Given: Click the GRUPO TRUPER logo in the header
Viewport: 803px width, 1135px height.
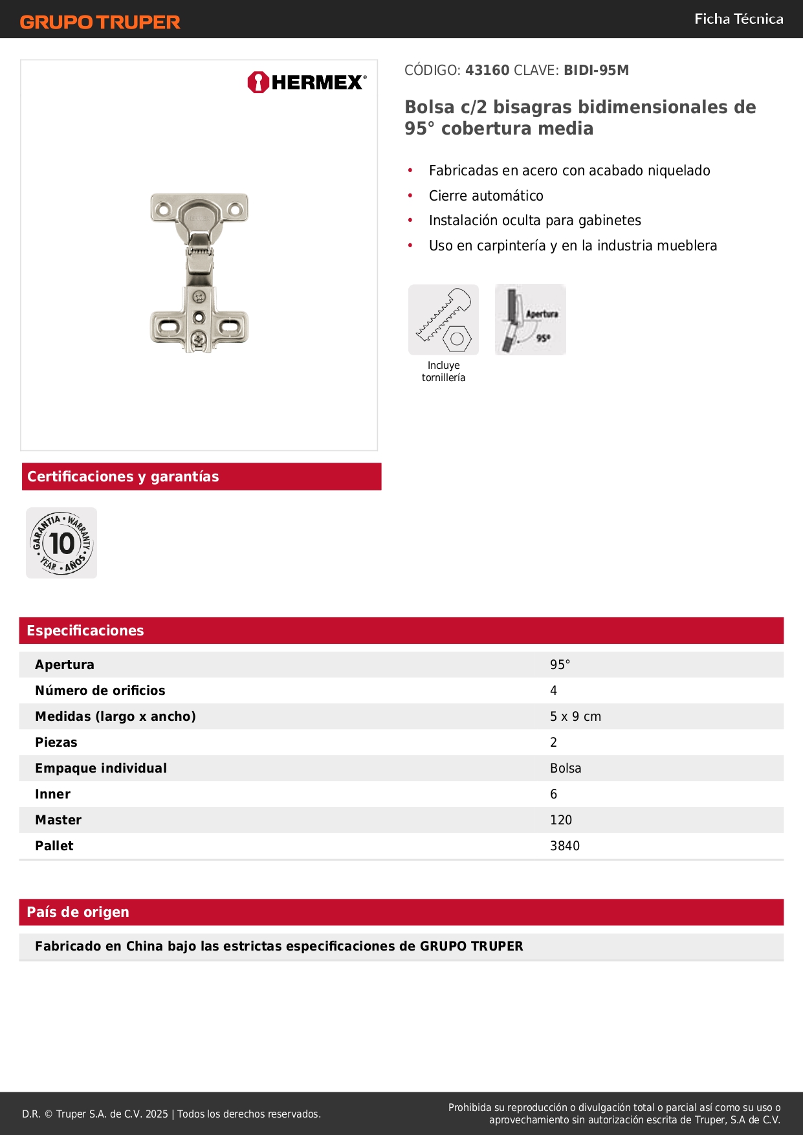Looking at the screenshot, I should (x=100, y=22).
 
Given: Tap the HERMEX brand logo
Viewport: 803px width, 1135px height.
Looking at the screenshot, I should (x=307, y=82).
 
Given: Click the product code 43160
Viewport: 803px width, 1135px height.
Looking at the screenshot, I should (x=487, y=71).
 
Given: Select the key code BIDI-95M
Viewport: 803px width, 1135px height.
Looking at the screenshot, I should (x=596, y=71).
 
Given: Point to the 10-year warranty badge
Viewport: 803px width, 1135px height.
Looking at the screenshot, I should (x=61, y=543).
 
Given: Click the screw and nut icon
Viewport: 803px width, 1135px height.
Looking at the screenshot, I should (x=443, y=320).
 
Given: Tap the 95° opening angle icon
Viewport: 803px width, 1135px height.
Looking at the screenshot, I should (x=531, y=320).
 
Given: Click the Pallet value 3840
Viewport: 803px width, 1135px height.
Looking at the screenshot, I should (x=565, y=846).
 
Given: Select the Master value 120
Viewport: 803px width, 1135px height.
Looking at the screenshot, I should (x=561, y=820).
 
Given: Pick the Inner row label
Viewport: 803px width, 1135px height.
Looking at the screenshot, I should (x=53, y=794).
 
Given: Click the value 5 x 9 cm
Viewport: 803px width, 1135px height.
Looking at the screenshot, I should (x=575, y=716).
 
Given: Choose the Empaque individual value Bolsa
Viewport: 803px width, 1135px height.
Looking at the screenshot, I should (x=566, y=768).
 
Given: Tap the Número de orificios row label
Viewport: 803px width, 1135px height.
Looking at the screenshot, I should (x=100, y=690).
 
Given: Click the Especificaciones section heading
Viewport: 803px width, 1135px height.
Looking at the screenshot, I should (x=85, y=631).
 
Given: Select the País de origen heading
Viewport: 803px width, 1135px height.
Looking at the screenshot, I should (x=78, y=912).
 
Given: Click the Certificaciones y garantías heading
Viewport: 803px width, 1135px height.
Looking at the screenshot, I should (x=123, y=477).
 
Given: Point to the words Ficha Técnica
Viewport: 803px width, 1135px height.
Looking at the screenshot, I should (x=738, y=19).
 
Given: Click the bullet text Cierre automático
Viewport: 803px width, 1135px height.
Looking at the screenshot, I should (x=486, y=195).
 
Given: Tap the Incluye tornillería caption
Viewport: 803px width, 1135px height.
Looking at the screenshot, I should (x=443, y=371).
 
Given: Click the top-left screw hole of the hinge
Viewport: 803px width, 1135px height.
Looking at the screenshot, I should (x=163, y=209).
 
